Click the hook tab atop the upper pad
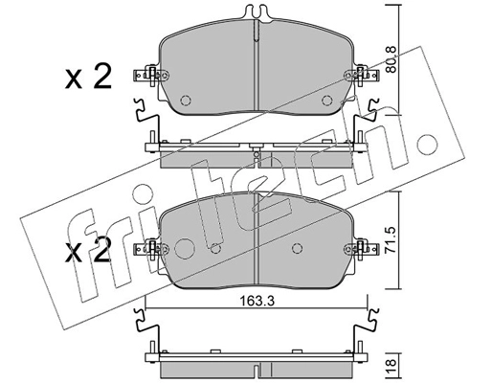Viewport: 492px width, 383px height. pyautogui.click(x=257, y=15)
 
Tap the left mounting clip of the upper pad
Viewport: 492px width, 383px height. pyautogui.click(x=149, y=76)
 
